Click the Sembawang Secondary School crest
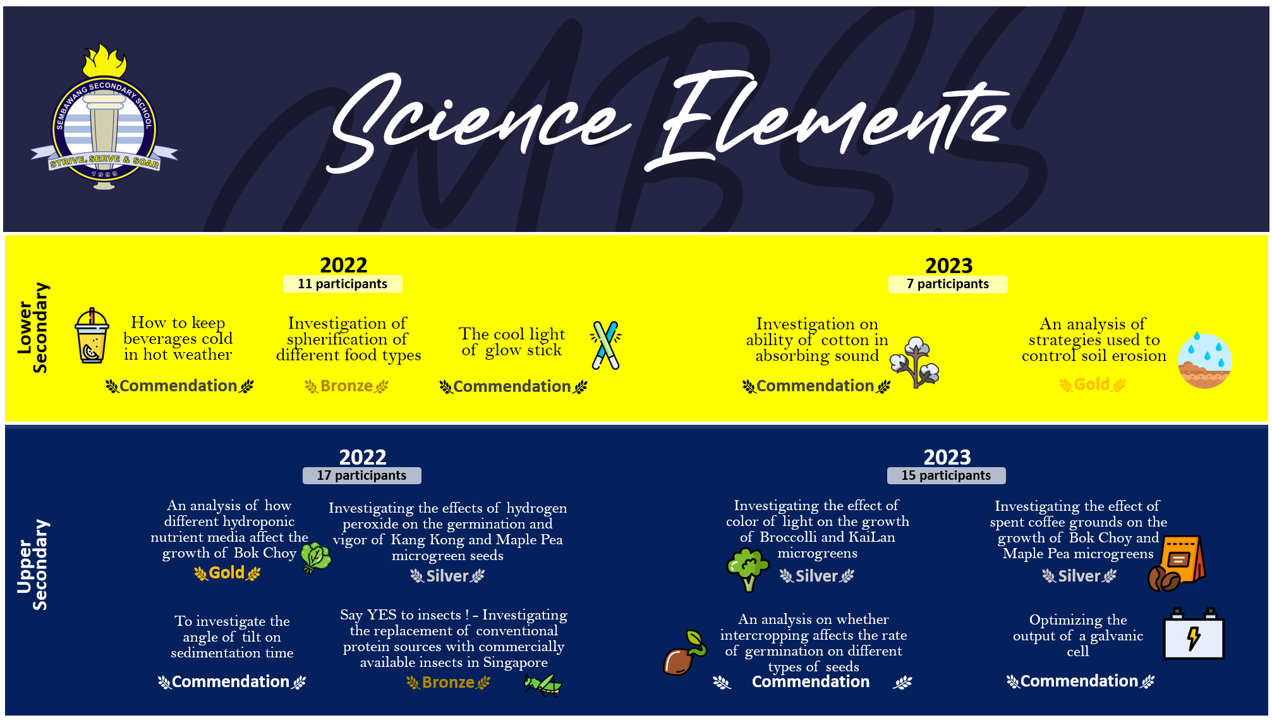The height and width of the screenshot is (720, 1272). [x=104, y=118]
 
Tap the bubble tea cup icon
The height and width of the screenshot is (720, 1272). [x=92, y=336]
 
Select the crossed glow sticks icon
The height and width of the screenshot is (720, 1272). [x=605, y=345]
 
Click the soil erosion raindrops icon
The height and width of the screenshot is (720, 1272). [x=1204, y=360]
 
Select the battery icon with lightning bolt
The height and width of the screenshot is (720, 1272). [x=1193, y=634]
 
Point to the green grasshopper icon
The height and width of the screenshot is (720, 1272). [x=543, y=684]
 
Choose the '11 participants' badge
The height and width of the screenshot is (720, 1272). [x=342, y=284]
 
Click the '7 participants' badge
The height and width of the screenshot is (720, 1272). [x=948, y=284]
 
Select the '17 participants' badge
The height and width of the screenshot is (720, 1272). [x=361, y=475]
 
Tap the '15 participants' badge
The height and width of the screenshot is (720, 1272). [x=946, y=475]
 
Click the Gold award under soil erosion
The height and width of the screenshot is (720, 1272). [x=1093, y=384]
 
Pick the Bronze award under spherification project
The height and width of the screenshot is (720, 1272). [x=347, y=386]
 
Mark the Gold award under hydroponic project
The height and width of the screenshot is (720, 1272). [x=227, y=573]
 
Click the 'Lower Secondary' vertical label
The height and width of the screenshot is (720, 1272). [x=32, y=327]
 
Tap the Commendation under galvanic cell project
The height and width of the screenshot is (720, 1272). [x=1080, y=681]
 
